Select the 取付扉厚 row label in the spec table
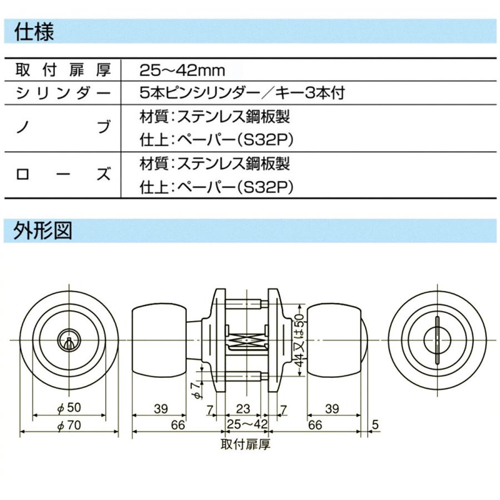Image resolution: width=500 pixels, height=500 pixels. pyautogui.click(x=62, y=71)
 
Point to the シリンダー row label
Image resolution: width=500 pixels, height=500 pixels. pyautogui.click(x=62, y=93)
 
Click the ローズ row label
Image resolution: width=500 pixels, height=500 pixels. pyautogui.click(x=62, y=174)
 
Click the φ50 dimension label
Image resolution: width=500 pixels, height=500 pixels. pyautogui.click(x=69, y=408)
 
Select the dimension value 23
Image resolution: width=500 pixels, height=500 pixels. pyautogui.click(x=243, y=409)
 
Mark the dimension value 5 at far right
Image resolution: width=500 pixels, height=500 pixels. pyautogui.click(x=374, y=425)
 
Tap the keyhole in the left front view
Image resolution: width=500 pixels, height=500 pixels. pyautogui.click(x=68, y=340)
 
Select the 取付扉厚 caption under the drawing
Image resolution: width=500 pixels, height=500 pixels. pyautogui.click(x=245, y=444)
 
